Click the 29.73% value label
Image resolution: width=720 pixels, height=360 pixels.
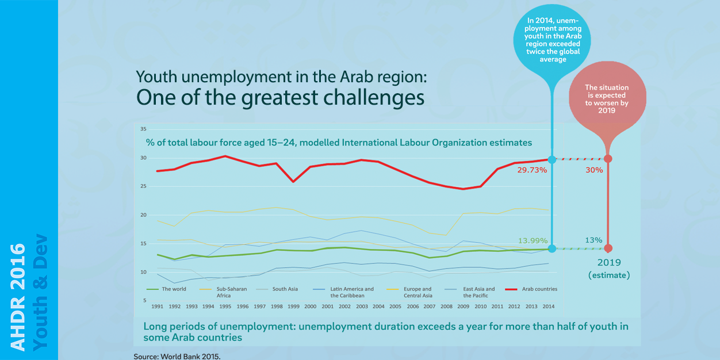(x=531, y=170)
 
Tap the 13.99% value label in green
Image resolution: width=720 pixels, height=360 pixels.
(x=531, y=240)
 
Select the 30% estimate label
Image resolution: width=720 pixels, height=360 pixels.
(x=594, y=170)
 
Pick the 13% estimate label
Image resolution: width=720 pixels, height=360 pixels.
(x=594, y=240)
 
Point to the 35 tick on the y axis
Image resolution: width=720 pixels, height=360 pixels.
(x=143, y=129)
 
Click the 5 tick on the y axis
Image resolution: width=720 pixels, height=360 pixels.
(x=145, y=301)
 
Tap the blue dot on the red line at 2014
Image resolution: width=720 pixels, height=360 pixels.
(x=552, y=159)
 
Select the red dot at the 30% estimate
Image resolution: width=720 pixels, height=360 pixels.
(x=608, y=159)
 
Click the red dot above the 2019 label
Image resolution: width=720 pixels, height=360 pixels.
(x=608, y=248)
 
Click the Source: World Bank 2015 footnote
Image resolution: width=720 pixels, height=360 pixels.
(x=177, y=356)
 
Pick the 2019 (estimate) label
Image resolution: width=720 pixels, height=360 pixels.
(x=608, y=269)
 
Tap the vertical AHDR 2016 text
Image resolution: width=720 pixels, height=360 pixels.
(x=18, y=297)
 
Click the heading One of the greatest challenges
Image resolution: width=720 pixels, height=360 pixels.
(x=280, y=98)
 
